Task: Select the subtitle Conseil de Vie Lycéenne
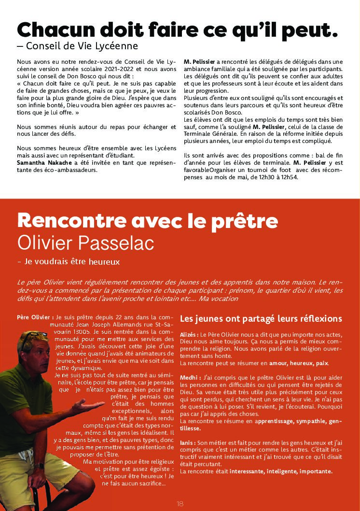click(82, 46)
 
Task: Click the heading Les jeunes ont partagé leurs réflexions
click(261, 319)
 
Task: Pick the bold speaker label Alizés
click(189, 334)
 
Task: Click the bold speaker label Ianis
click(188, 442)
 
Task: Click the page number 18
click(180, 504)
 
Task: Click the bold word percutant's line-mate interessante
click(246, 471)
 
